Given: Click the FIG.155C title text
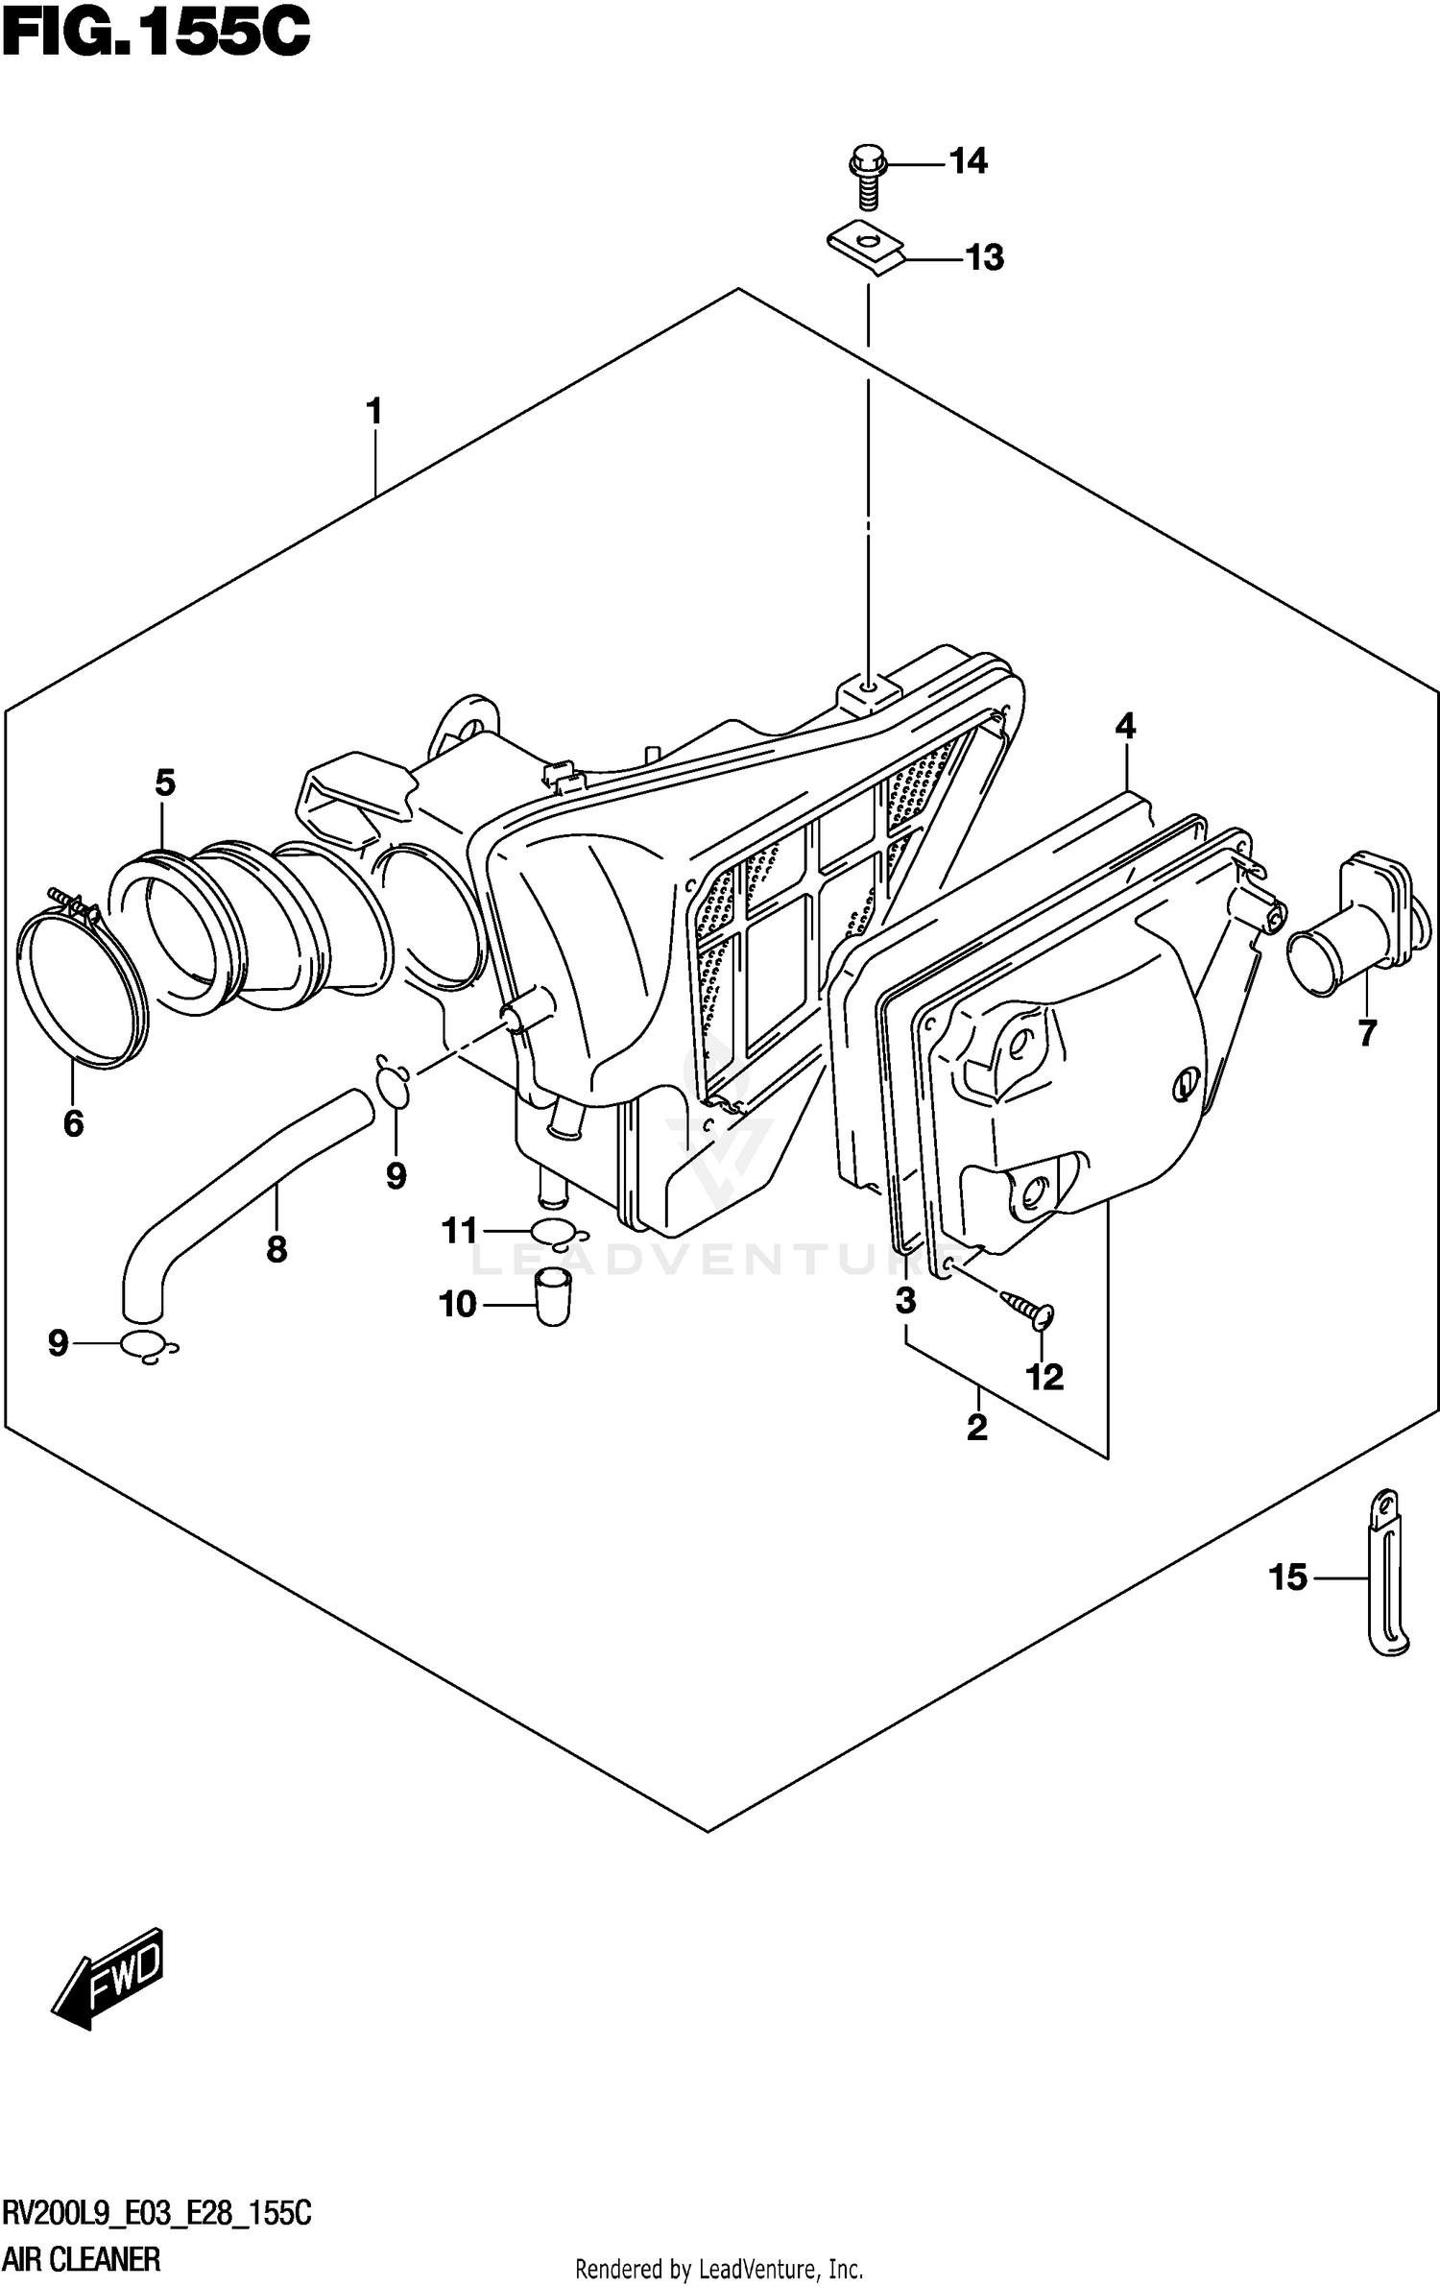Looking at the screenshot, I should point(156,35).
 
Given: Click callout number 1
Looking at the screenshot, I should point(374,412).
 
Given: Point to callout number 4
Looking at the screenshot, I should point(1125,726).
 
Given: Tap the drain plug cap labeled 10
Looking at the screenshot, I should point(552,1296).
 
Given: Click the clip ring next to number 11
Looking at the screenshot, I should point(555,1231).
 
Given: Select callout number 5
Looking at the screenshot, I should point(165,783).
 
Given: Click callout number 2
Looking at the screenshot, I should point(977,1428).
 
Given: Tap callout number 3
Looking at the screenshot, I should point(905,1301).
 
